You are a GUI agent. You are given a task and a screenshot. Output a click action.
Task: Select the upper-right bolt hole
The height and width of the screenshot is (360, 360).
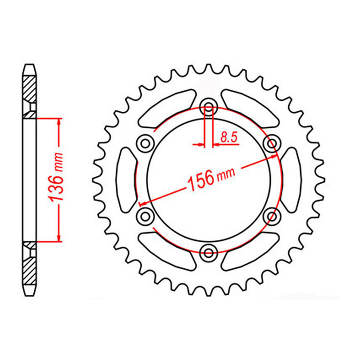(271, 143)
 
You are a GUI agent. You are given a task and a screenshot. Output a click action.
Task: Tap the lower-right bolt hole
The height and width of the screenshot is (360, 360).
(271, 215)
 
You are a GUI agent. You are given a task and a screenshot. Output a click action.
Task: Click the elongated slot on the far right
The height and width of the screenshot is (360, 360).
(291, 179)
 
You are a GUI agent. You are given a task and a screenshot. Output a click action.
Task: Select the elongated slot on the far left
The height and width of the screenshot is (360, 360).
(125, 179)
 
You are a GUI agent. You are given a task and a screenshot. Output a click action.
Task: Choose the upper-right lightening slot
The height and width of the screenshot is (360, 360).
(250, 107)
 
